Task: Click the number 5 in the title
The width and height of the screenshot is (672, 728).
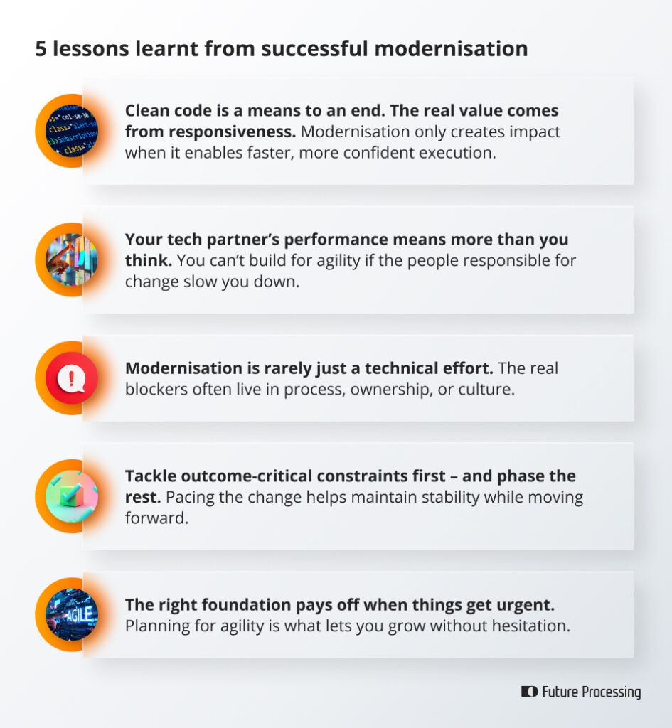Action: [x=41, y=49]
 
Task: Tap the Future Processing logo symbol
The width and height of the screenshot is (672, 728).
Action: [x=529, y=692]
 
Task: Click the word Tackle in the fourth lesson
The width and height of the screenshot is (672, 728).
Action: [x=147, y=476]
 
